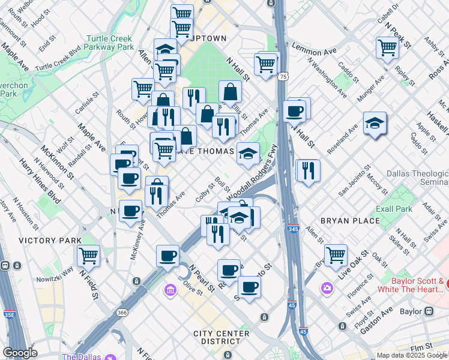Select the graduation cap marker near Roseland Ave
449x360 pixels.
(375, 124)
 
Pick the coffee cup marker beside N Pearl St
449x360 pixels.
(167, 256)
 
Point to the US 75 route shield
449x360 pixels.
(283, 76)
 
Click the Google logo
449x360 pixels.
(20, 353)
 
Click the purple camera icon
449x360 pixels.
(327, 289)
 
